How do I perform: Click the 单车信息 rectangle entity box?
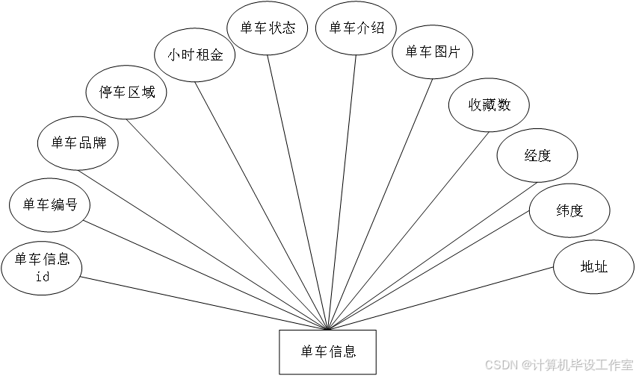328,351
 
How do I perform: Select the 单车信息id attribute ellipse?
42,268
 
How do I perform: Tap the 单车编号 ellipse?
49,205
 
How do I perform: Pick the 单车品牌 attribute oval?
78,143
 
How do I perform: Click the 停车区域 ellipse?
126,93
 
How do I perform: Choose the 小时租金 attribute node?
195,55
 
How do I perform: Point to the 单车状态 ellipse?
268,28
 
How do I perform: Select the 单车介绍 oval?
356,28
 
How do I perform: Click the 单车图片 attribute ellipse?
433,51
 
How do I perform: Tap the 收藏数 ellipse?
489,105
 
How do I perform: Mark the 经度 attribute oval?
537,155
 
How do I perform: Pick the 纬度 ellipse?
569,210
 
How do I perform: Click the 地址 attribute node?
594,267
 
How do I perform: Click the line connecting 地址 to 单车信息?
440,298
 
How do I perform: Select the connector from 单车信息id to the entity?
204,304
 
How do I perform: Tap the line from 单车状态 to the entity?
297,192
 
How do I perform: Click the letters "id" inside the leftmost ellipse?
42,277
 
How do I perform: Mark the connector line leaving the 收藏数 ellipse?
409,231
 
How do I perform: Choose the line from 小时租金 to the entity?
262,206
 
